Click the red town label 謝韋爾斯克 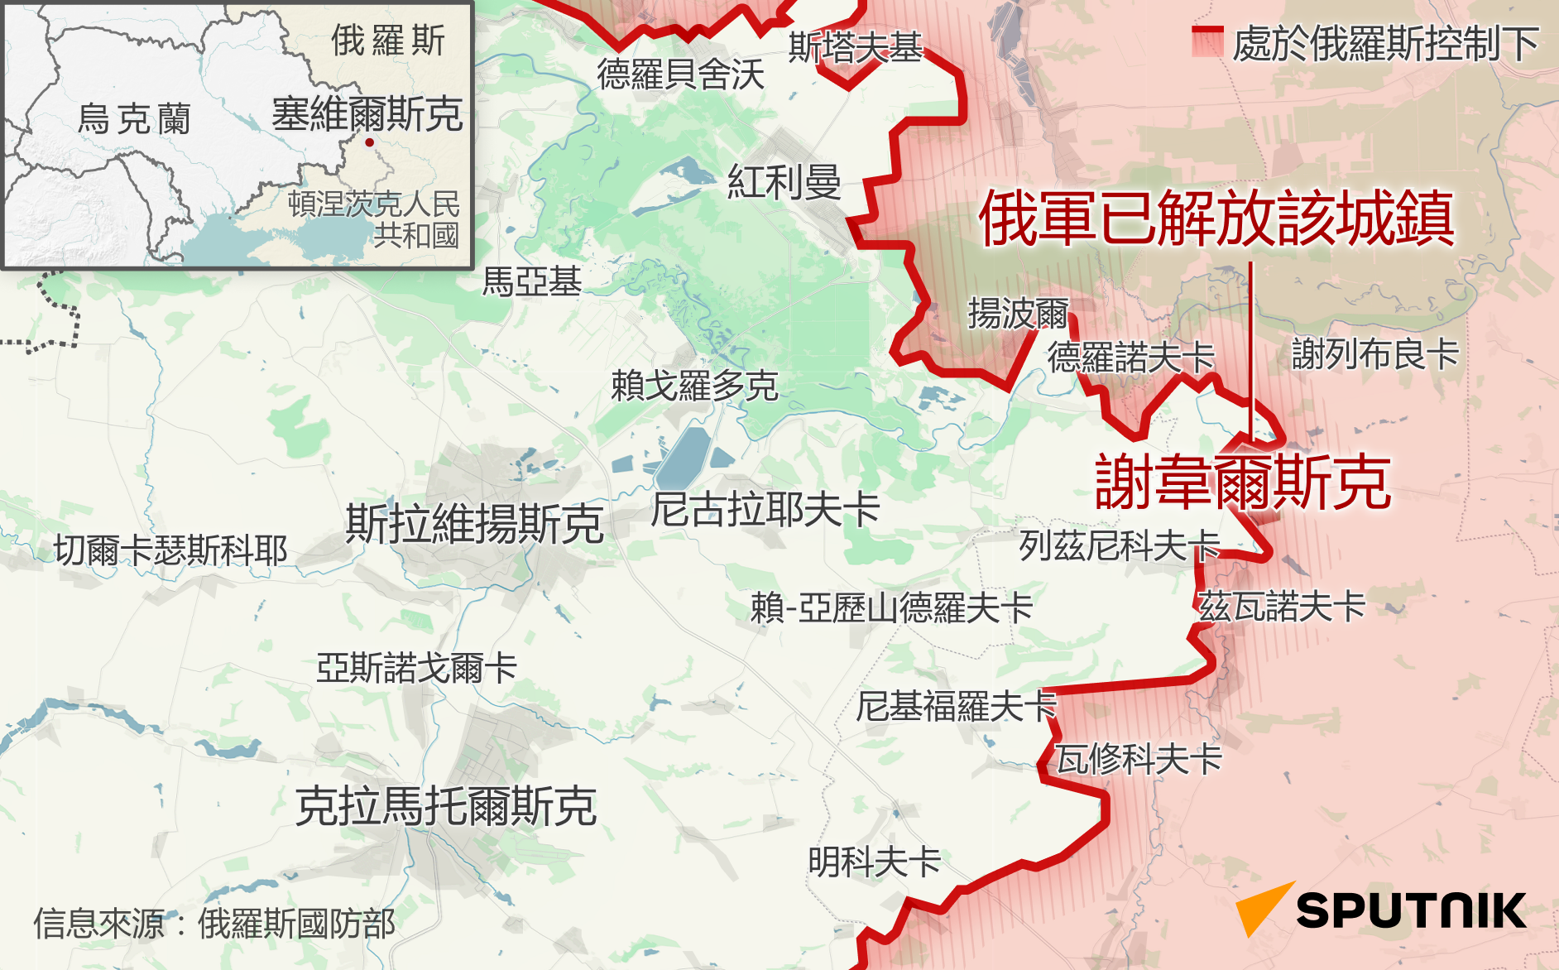1242,483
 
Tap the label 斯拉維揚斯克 474,524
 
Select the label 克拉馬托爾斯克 446,806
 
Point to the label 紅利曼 784,182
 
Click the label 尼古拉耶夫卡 765,509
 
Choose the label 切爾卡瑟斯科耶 170,550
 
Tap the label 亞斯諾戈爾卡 416,668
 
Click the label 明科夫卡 874,862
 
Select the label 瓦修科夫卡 1139,759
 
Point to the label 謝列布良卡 1374,354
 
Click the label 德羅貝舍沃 680,74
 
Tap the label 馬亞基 531,281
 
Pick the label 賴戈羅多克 694,386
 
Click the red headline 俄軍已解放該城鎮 1216,218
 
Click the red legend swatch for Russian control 1207,41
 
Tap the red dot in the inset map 369,142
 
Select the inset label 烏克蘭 133,119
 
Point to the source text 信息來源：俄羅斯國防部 213,924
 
